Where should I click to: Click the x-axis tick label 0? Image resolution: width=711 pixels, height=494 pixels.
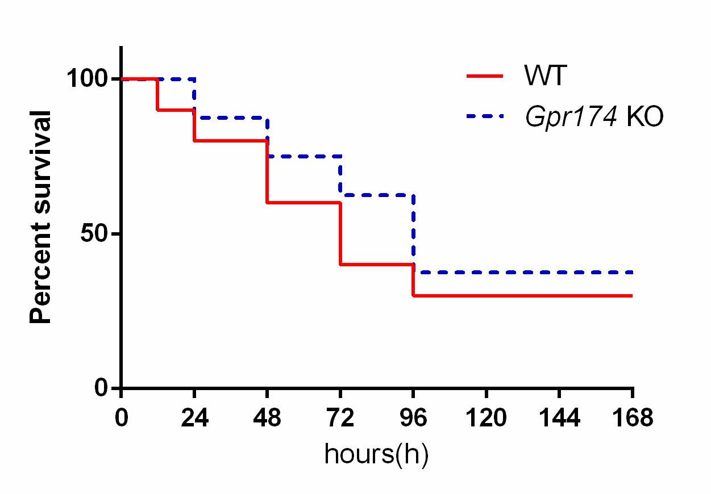point(121,419)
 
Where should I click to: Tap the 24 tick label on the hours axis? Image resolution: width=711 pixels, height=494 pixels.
point(194,419)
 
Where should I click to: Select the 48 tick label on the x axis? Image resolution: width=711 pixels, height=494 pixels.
point(268,419)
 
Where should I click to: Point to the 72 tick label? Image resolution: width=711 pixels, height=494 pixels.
point(340,419)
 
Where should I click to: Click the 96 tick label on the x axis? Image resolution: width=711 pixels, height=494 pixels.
point(414,419)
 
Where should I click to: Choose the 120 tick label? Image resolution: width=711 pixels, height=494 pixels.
point(487,419)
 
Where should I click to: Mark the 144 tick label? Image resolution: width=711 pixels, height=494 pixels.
point(560,419)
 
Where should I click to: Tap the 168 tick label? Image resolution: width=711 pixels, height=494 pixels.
point(633,419)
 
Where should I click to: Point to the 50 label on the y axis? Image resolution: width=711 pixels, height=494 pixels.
point(97,234)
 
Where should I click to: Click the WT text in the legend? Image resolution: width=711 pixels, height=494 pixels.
point(545,76)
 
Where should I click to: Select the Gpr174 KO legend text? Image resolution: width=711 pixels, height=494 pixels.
point(594,118)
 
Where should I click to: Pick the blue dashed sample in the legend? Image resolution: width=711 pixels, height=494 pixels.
point(484,116)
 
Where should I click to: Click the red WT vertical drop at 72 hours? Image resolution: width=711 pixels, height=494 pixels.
point(340,233)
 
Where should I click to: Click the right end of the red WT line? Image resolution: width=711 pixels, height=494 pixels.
point(631,296)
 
